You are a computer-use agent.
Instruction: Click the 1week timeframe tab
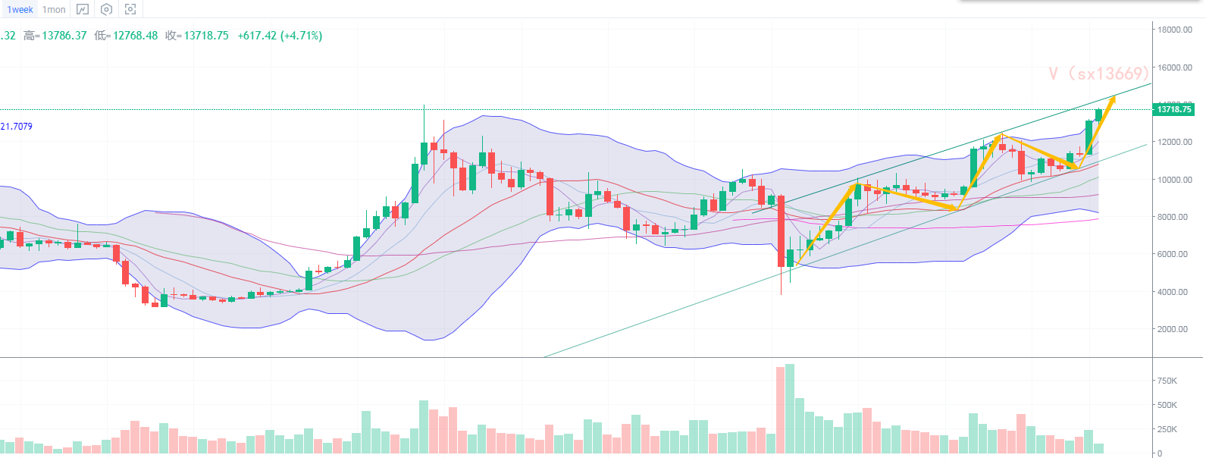(20, 10)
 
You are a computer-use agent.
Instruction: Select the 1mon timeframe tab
(54, 10)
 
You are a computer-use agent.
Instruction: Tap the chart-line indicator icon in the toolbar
(83, 10)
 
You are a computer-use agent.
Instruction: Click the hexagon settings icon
(107, 10)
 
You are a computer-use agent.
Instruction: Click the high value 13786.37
(64, 36)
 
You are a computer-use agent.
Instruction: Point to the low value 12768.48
(135, 36)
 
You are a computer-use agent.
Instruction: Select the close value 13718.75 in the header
(206, 36)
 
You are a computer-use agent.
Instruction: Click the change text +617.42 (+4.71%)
(280, 36)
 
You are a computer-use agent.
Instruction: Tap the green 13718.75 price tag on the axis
(1173, 109)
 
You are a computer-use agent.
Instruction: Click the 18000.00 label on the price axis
(1174, 30)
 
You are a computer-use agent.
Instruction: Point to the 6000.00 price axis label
(1174, 254)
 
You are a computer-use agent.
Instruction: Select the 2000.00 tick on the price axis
(1174, 329)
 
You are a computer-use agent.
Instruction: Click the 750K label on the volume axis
(1167, 381)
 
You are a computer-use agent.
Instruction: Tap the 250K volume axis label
(1167, 429)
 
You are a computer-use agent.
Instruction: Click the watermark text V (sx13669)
(1098, 74)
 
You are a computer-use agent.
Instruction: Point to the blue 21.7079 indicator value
(17, 127)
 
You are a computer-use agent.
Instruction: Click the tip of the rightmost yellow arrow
(1114, 98)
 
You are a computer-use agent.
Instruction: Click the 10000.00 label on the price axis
(1174, 180)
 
